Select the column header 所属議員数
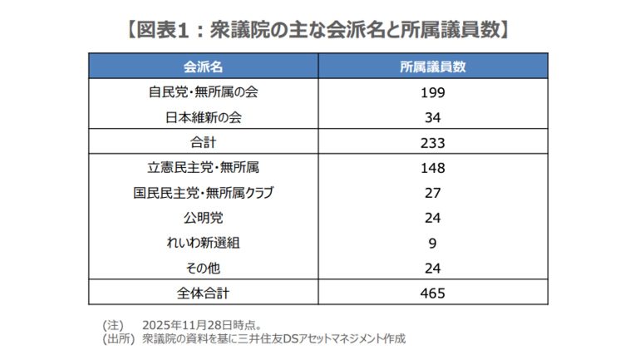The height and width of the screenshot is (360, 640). click(433, 65)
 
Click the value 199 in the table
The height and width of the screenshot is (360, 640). click(433, 91)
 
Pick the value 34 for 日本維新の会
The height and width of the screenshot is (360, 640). click(433, 116)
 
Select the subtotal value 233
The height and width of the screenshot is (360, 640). click(433, 142)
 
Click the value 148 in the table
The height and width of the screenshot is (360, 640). click(433, 168)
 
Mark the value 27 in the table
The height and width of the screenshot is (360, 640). click(433, 193)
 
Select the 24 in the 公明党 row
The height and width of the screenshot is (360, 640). click(433, 218)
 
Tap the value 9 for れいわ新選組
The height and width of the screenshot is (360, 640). click(433, 243)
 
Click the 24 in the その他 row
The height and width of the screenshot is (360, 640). click(433, 268)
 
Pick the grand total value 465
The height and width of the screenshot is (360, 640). click(433, 293)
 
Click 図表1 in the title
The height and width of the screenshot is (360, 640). click(164, 30)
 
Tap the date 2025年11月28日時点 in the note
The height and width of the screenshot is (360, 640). click(199, 324)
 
